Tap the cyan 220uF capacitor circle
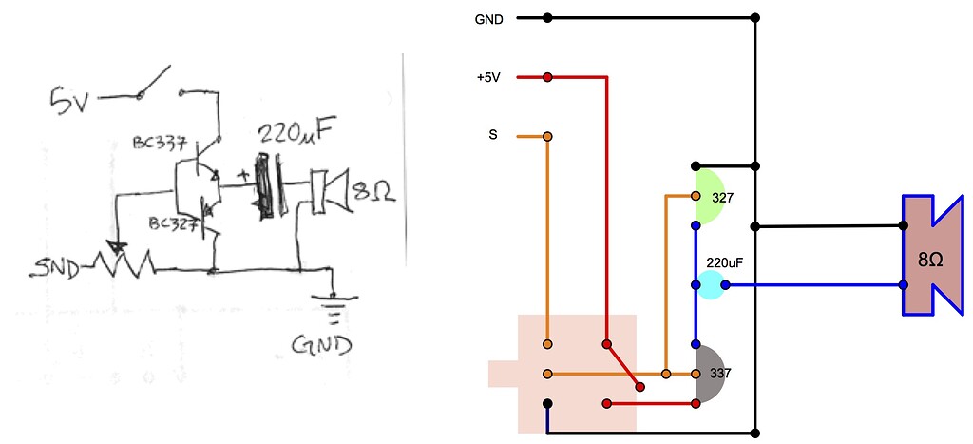[709, 284]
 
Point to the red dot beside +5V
[547, 77]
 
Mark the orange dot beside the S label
[547, 137]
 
